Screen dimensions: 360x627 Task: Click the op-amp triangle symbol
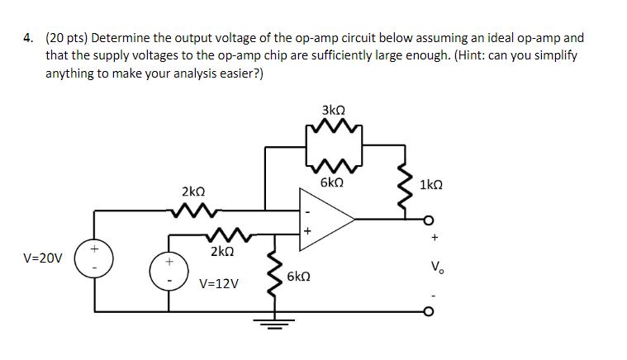pos(327,219)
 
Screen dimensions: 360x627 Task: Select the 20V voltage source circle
pos(93,255)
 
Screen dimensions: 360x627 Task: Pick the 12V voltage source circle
pos(169,272)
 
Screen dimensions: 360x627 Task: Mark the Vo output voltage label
pos(435,267)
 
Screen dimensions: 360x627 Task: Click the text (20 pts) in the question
pos(69,37)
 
